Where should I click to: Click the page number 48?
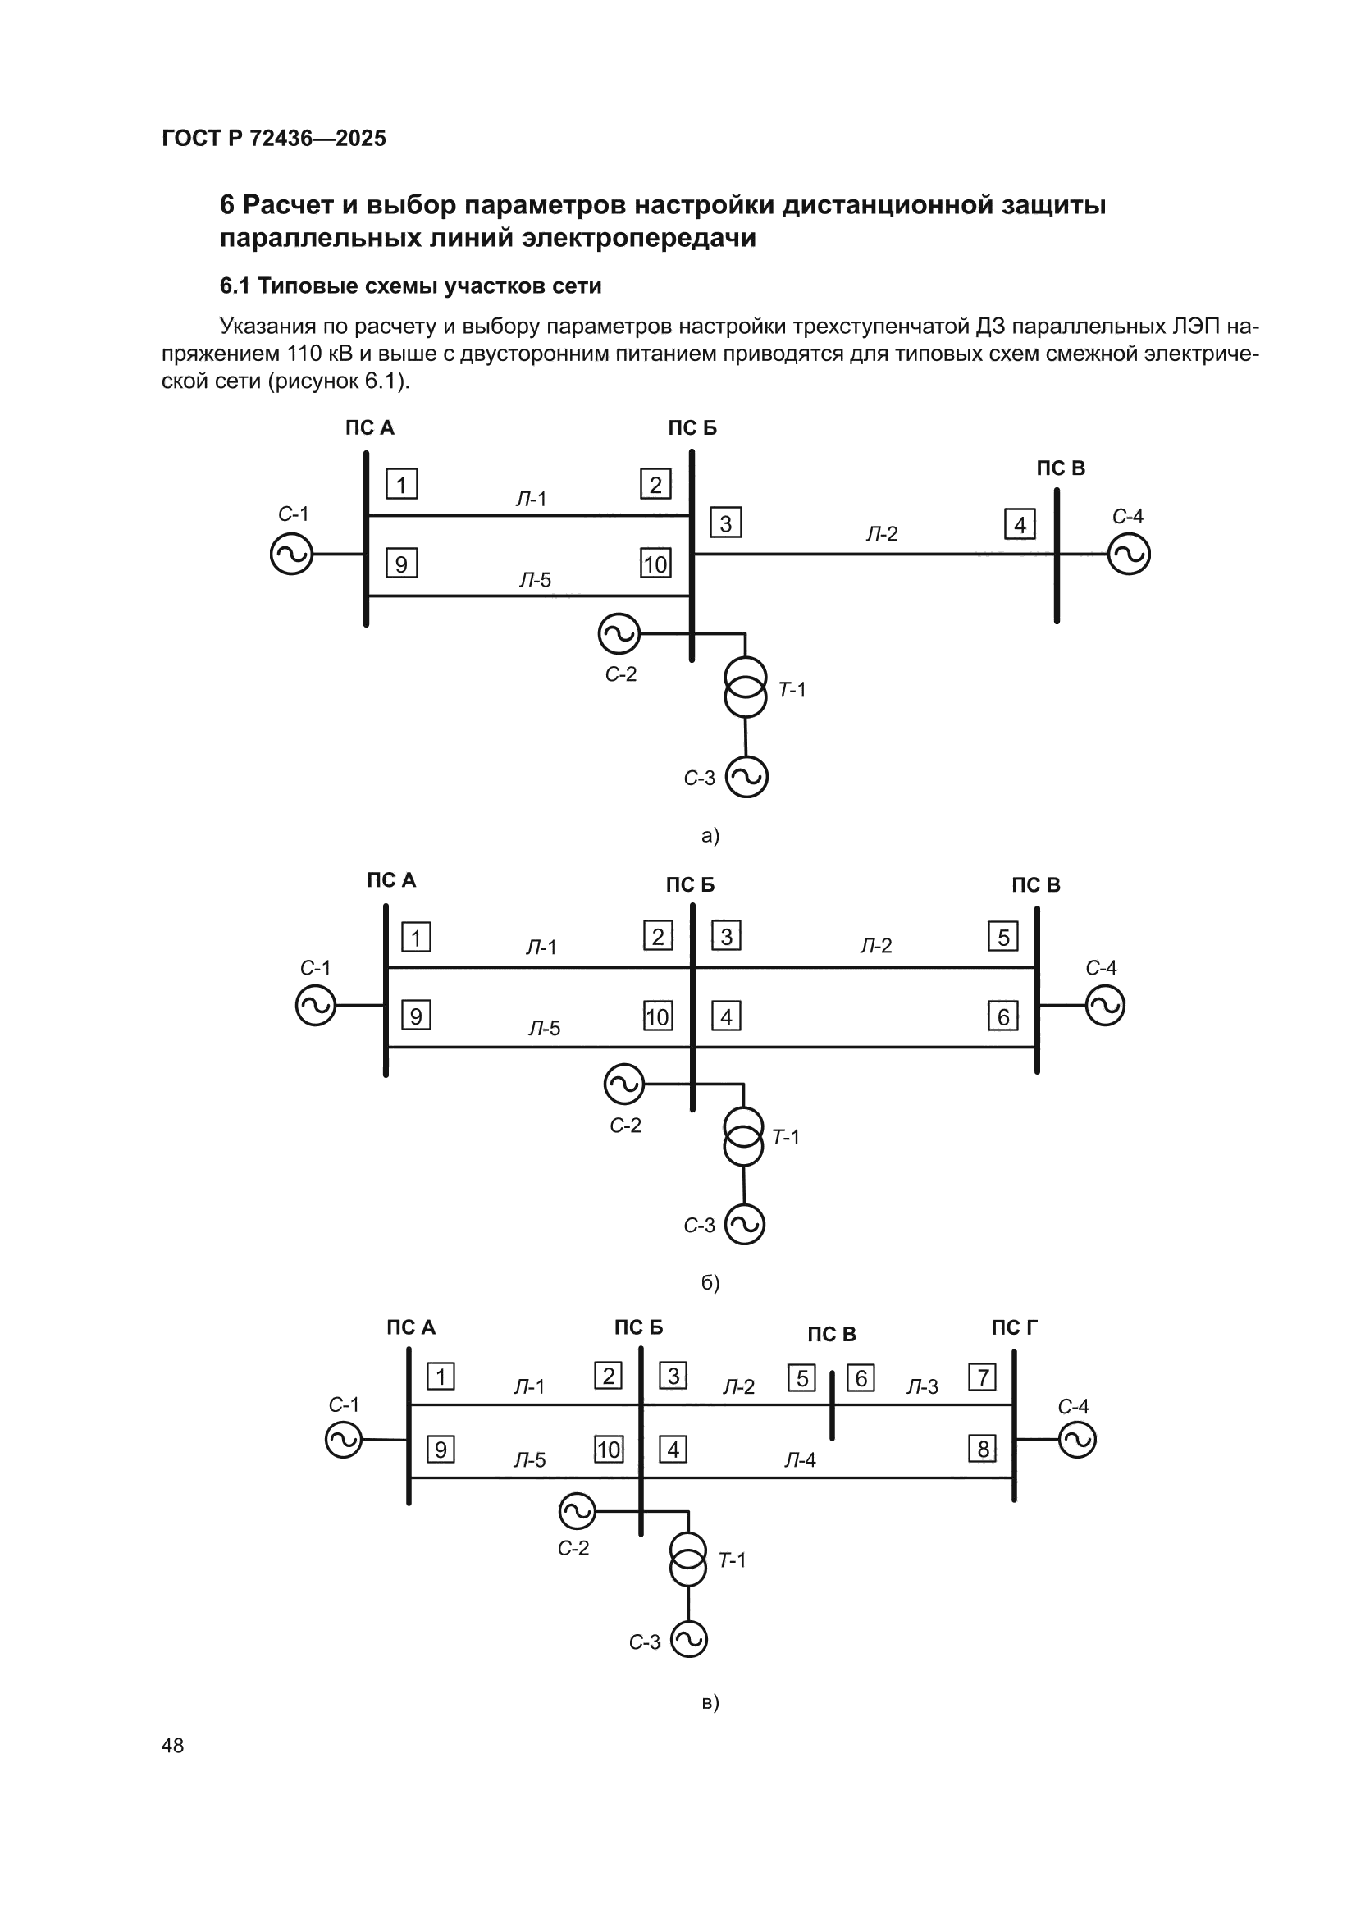pos(172,1745)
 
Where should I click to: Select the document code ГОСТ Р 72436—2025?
pos(274,139)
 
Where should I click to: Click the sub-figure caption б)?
pos(710,1282)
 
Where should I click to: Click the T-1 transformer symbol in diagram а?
pos(745,687)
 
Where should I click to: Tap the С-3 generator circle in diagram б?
pos(744,1225)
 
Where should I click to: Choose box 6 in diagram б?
pos(1002,1016)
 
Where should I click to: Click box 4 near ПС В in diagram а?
pos(1020,524)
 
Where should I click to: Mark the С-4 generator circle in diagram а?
pos(1129,554)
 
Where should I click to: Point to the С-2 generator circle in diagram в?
pos(577,1511)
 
